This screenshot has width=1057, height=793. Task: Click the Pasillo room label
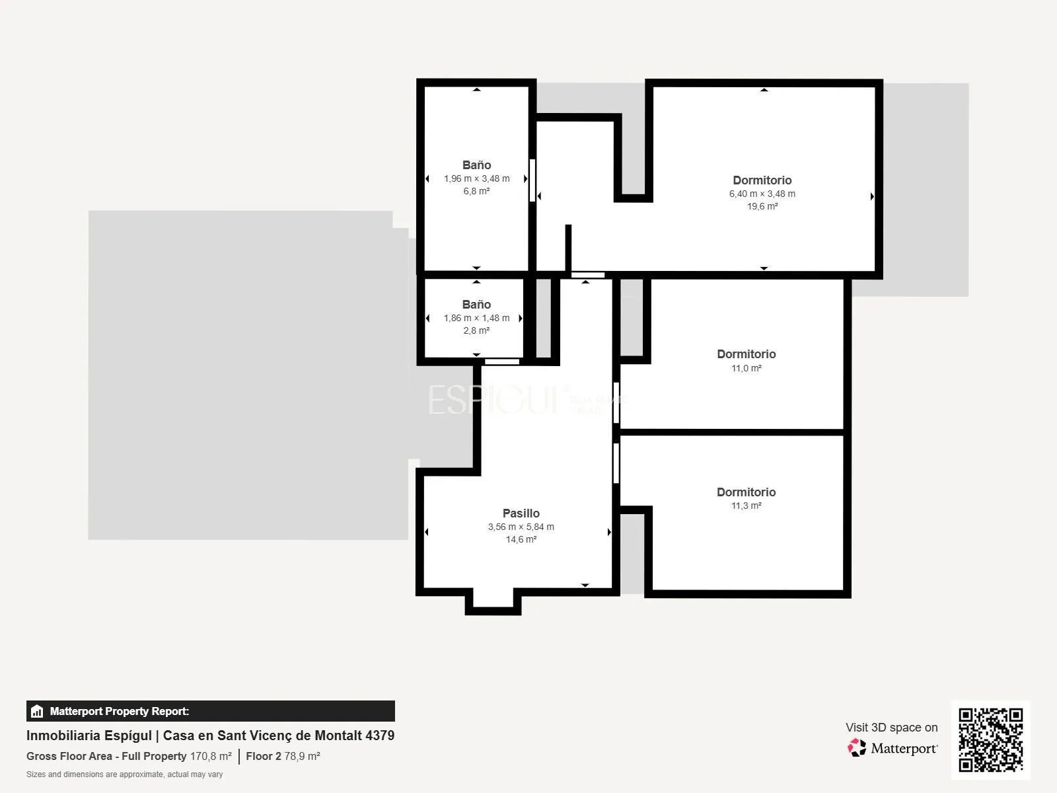point(521,513)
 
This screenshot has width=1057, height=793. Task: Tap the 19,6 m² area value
point(762,207)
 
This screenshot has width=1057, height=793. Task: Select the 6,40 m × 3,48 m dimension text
point(762,194)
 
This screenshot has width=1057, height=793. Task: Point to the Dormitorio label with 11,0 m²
point(747,354)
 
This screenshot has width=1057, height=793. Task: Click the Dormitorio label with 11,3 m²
point(747,492)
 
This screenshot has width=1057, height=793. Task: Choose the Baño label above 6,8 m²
point(477,165)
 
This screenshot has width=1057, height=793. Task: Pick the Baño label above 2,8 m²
point(477,304)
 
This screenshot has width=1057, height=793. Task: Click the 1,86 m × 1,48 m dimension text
point(477,319)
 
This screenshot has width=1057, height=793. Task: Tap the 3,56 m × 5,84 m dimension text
point(521,527)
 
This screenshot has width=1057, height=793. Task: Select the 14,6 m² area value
point(521,539)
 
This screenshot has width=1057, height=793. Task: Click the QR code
point(990,739)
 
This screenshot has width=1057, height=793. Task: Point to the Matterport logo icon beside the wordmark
point(857,748)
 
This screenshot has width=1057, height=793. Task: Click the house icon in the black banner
point(37,711)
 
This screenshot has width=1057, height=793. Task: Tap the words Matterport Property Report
point(120,711)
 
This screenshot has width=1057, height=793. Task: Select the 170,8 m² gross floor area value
point(211,756)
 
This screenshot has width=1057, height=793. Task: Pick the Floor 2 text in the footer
point(264,756)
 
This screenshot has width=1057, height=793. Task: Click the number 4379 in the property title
point(380,736)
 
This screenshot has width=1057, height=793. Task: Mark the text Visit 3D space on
point(891,728)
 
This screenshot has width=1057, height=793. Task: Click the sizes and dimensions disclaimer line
point(125,774)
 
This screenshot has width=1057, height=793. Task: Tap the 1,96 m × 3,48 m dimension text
point(477,178)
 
